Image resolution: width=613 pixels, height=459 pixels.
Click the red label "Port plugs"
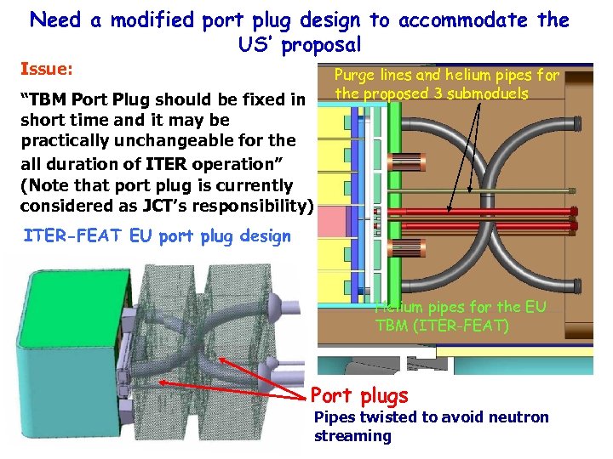click(359, 396)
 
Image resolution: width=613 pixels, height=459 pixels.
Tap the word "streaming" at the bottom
click(352, 436)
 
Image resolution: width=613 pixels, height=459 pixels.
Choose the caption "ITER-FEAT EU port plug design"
click(156, 236)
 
